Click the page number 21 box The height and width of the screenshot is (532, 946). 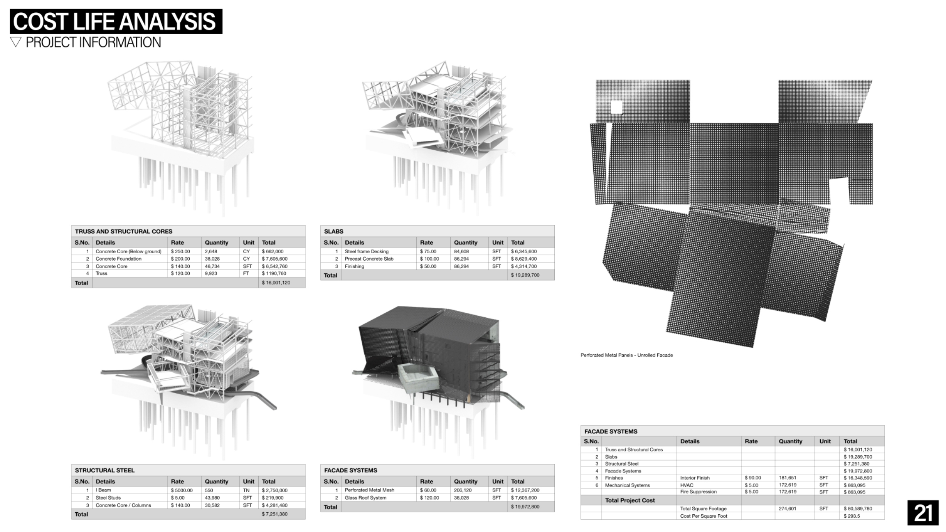(923, 513)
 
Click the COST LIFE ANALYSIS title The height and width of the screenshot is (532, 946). (115, 21)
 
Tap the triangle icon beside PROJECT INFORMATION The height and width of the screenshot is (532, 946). (16, 42)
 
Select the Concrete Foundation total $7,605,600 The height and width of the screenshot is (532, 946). (275, 259)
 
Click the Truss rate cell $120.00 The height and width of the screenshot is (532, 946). (180, 273)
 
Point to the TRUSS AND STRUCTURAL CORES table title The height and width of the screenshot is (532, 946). (124, 232)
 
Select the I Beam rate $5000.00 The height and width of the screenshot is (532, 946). (181, 490)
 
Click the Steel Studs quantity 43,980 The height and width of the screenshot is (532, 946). (212, 498)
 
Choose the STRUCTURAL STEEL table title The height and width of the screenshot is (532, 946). (105, 470)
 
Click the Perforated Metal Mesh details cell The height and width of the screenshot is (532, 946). (369, 490)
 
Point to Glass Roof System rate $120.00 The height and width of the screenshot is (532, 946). (429, 498)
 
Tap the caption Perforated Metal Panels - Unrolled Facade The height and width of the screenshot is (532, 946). (626, 355)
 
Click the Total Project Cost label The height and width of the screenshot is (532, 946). (630, 500)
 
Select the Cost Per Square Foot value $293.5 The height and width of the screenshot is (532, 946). (852, 516)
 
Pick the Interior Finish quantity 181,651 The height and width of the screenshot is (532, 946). (787, 478)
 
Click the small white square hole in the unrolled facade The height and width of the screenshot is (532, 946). (616, 108)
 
